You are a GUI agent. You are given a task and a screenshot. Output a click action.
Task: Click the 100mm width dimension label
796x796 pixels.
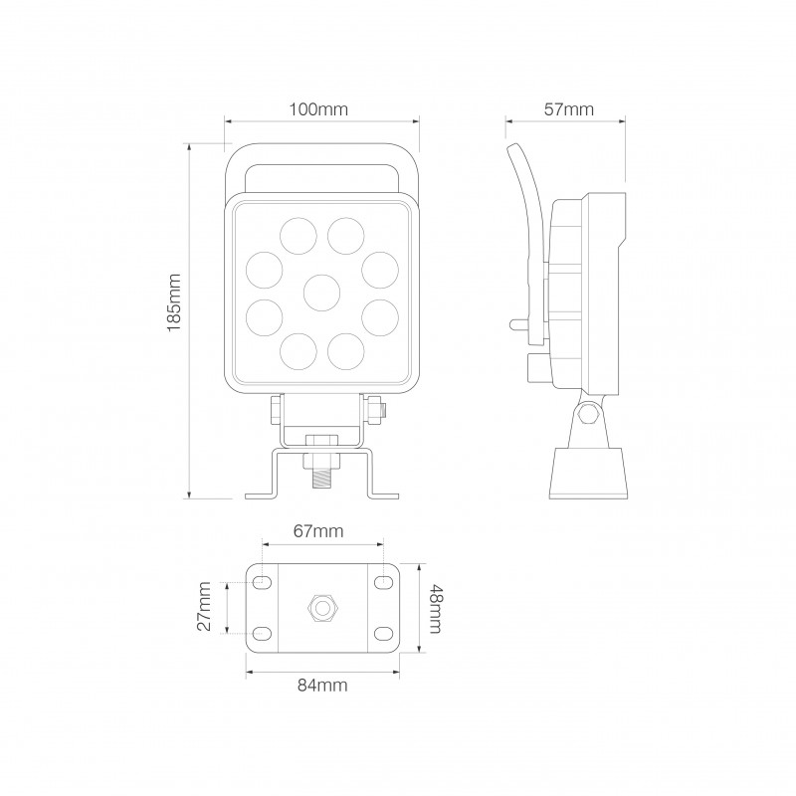(320, 110)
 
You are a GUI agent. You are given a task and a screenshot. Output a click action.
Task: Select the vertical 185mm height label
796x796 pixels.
(175, 302)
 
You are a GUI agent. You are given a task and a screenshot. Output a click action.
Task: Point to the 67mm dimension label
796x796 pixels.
(320, 532)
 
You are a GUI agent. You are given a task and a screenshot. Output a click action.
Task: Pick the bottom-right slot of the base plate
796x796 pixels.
(383, 632)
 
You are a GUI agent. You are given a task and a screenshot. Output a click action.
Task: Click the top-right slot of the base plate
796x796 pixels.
(383, 581)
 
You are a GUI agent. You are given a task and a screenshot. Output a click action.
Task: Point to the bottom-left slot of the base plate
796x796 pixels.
(262, 632)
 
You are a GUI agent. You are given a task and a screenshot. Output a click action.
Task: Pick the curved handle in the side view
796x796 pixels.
(524, 229)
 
